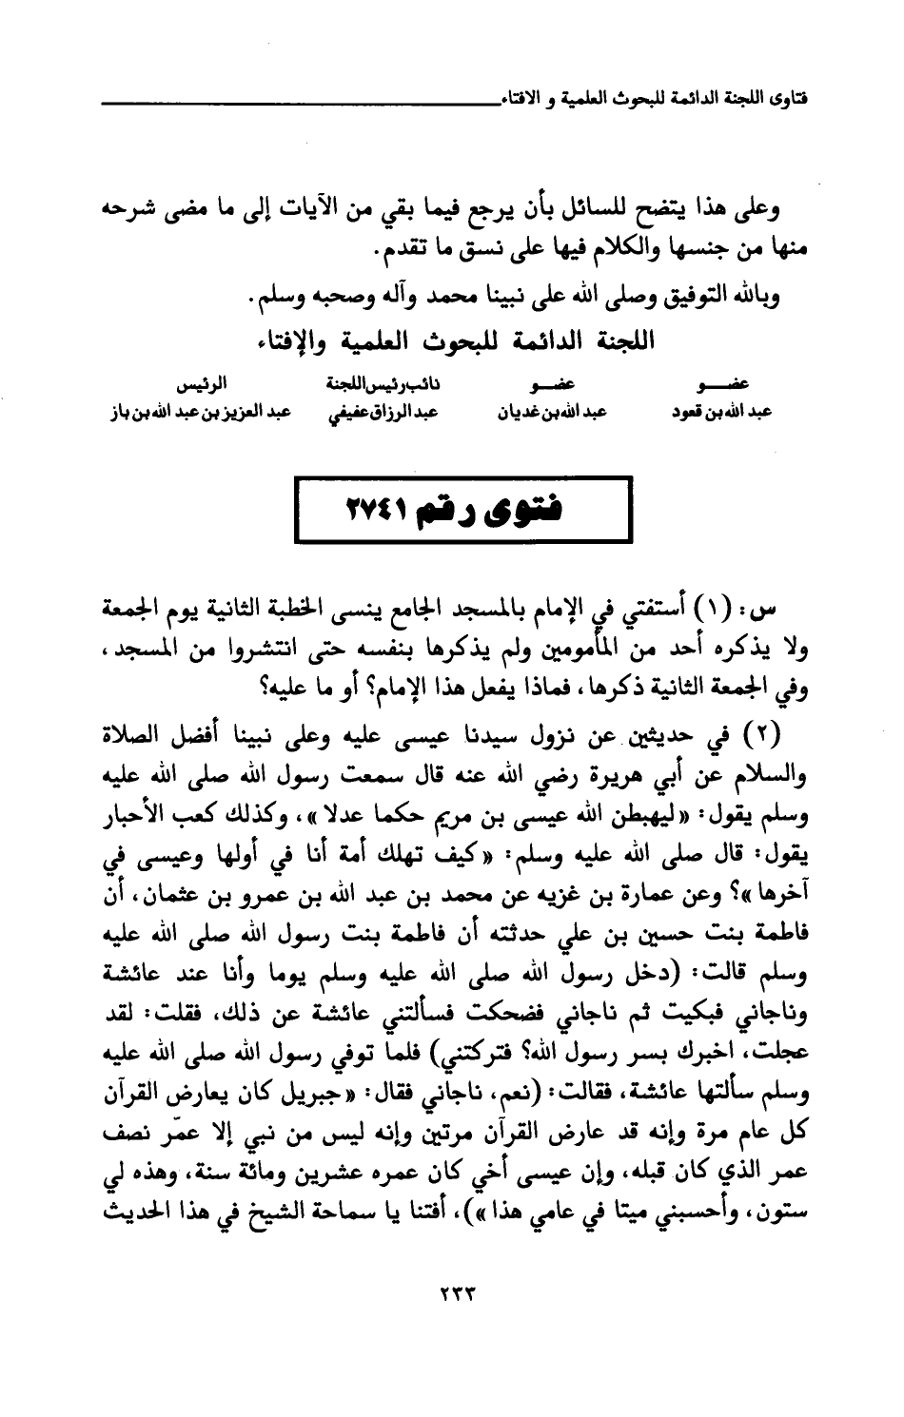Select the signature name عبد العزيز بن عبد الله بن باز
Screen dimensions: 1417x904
coord(186,415)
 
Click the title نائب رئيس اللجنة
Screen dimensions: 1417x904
coord(371,386)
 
